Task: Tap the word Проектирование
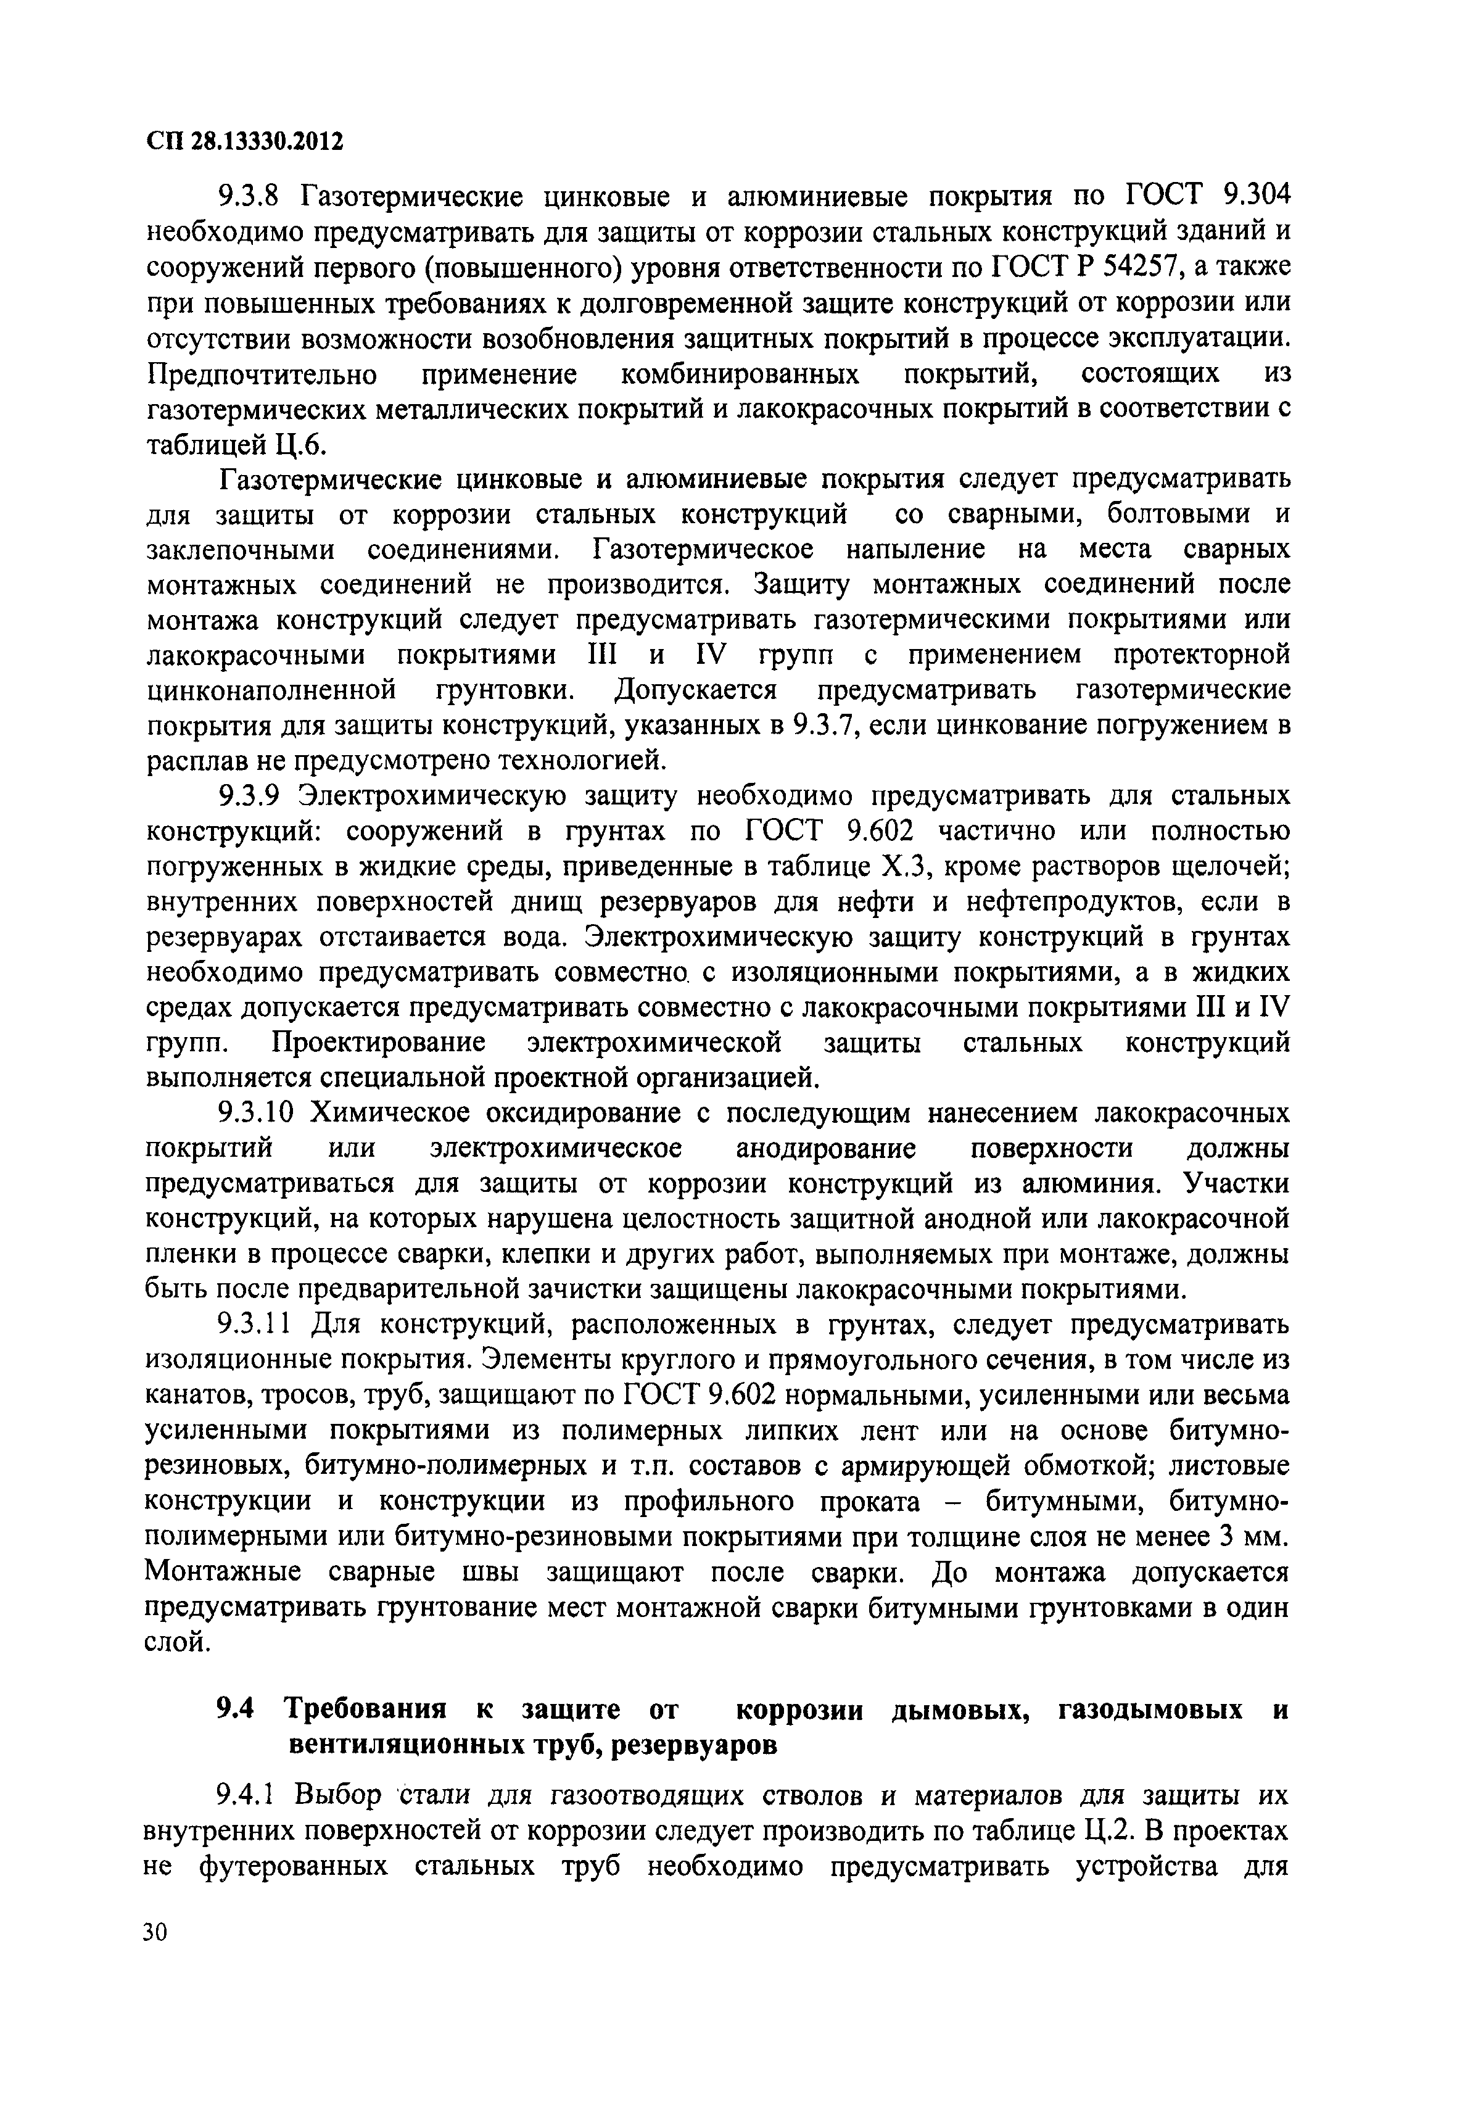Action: pyautogui.click(x=379, y=1043)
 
